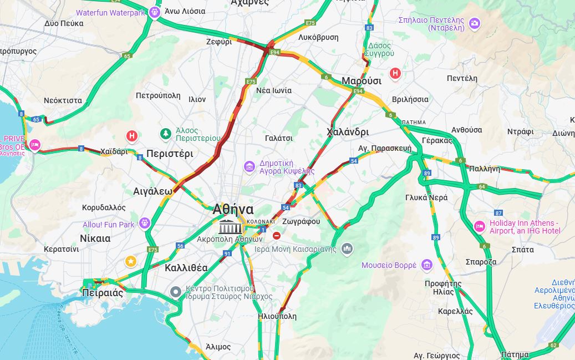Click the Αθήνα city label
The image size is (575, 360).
click(x=233, y=209)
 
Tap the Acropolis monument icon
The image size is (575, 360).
click(x=230, y=226)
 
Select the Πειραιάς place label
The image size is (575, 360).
click(x=102, y=293)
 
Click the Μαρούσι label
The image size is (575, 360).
click(x=361, y=81)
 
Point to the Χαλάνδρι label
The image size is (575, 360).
click(x=348, y=132)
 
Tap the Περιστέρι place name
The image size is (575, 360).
click(x=170, y=154)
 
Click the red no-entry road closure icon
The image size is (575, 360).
click(x=277, y=236)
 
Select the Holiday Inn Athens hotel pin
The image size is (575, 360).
click(x=479, y=226)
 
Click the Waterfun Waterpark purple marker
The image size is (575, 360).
click(x=155, y=12)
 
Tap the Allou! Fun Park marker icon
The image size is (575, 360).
click(x=145, y=223)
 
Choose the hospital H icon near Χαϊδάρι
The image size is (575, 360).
click(x=132, y=136)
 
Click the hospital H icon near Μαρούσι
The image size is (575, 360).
click(x=395, y=73)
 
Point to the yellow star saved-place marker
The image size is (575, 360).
click(x=130, y=261)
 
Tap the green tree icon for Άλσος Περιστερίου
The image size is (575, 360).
click(x=165, y=134)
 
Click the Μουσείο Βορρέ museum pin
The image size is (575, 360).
click(x=426, y=265)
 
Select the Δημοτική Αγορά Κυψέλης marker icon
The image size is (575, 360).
click(x=250, y=166)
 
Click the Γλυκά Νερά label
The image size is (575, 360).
click(x=426, y=197)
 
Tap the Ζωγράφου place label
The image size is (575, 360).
click(x=301, y=221)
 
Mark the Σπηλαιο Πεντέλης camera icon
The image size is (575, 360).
click(x=474, y=23)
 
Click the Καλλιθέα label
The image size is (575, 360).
click(x=186, y=268)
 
